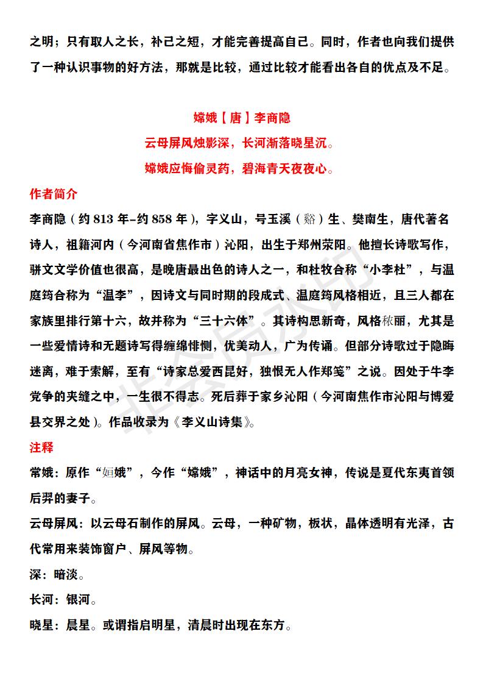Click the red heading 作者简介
point(54,194)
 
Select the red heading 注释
point(41,447)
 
